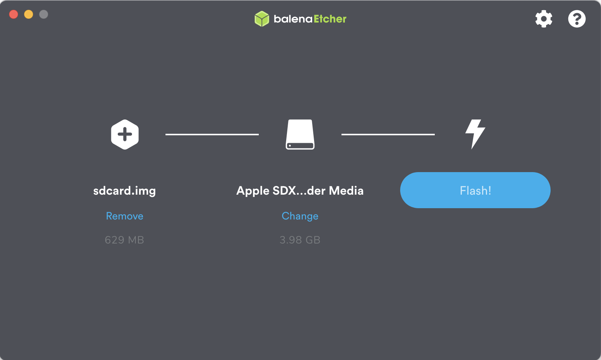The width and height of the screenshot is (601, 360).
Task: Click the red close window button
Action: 14,14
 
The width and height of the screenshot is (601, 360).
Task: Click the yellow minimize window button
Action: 29,14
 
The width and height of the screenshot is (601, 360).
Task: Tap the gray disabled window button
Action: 44,14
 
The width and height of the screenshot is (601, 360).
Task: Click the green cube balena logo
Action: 262,19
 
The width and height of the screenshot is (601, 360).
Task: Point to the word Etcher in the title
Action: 330,19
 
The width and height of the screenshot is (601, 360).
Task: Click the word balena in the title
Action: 293,19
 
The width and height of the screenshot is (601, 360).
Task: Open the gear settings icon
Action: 543,19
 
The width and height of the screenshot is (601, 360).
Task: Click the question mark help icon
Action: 577,19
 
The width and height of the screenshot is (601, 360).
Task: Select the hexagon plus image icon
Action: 125,134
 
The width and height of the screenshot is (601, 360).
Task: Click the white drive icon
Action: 300,134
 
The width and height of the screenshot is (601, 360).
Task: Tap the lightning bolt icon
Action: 475,134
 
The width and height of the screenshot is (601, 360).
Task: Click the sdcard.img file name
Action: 124,191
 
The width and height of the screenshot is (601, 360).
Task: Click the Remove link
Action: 124,216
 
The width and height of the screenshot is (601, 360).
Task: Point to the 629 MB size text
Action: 124,240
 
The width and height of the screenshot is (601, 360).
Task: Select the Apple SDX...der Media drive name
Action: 300,191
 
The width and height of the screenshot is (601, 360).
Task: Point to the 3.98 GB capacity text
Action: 300,240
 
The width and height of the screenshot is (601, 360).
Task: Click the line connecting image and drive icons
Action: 212,134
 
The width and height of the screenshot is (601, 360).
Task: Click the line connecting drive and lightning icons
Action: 388,134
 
